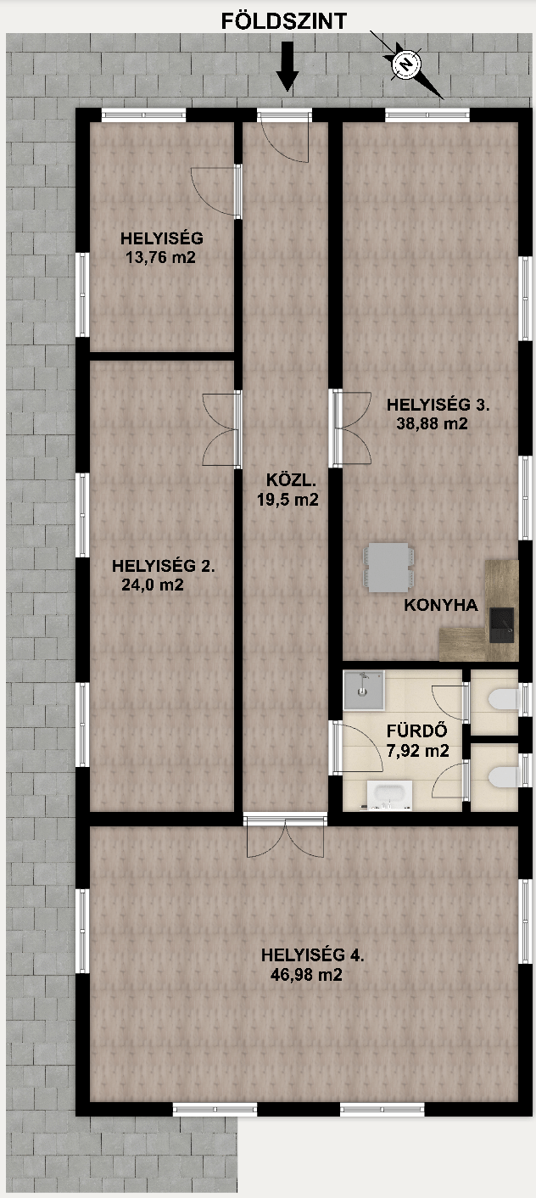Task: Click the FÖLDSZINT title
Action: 284,21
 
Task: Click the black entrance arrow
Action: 288,66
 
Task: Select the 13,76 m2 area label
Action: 160,257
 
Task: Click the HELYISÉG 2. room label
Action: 164,565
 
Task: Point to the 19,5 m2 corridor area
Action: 288,500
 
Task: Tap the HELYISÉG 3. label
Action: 438,405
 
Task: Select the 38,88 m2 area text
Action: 432,423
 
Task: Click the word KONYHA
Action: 441,605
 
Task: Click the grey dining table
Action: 388,568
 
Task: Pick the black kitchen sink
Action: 501,624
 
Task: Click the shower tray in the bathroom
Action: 363,691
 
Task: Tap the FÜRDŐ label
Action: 416,731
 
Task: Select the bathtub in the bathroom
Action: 389,794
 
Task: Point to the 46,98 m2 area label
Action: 306,975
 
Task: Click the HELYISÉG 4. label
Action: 313,954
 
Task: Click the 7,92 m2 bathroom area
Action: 417,750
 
